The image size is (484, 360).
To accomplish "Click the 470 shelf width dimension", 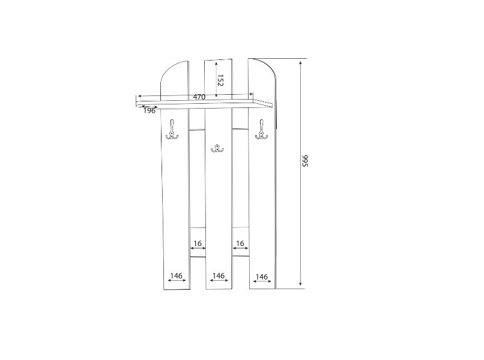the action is pos(199,97).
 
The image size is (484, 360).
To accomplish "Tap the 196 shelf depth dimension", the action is pos(150,111).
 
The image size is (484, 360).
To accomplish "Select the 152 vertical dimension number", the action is pos(220,80).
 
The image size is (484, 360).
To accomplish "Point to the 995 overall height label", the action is pos(305,161).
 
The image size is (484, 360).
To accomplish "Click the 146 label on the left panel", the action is pos(177,275).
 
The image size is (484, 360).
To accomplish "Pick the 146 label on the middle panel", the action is pos(219,275).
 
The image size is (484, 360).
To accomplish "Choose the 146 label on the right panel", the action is pos(262,277).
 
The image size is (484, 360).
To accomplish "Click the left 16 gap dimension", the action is pos(198,244).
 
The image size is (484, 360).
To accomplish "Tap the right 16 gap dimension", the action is pos(240,244).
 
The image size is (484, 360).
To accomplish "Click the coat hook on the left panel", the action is pos(172,130).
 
